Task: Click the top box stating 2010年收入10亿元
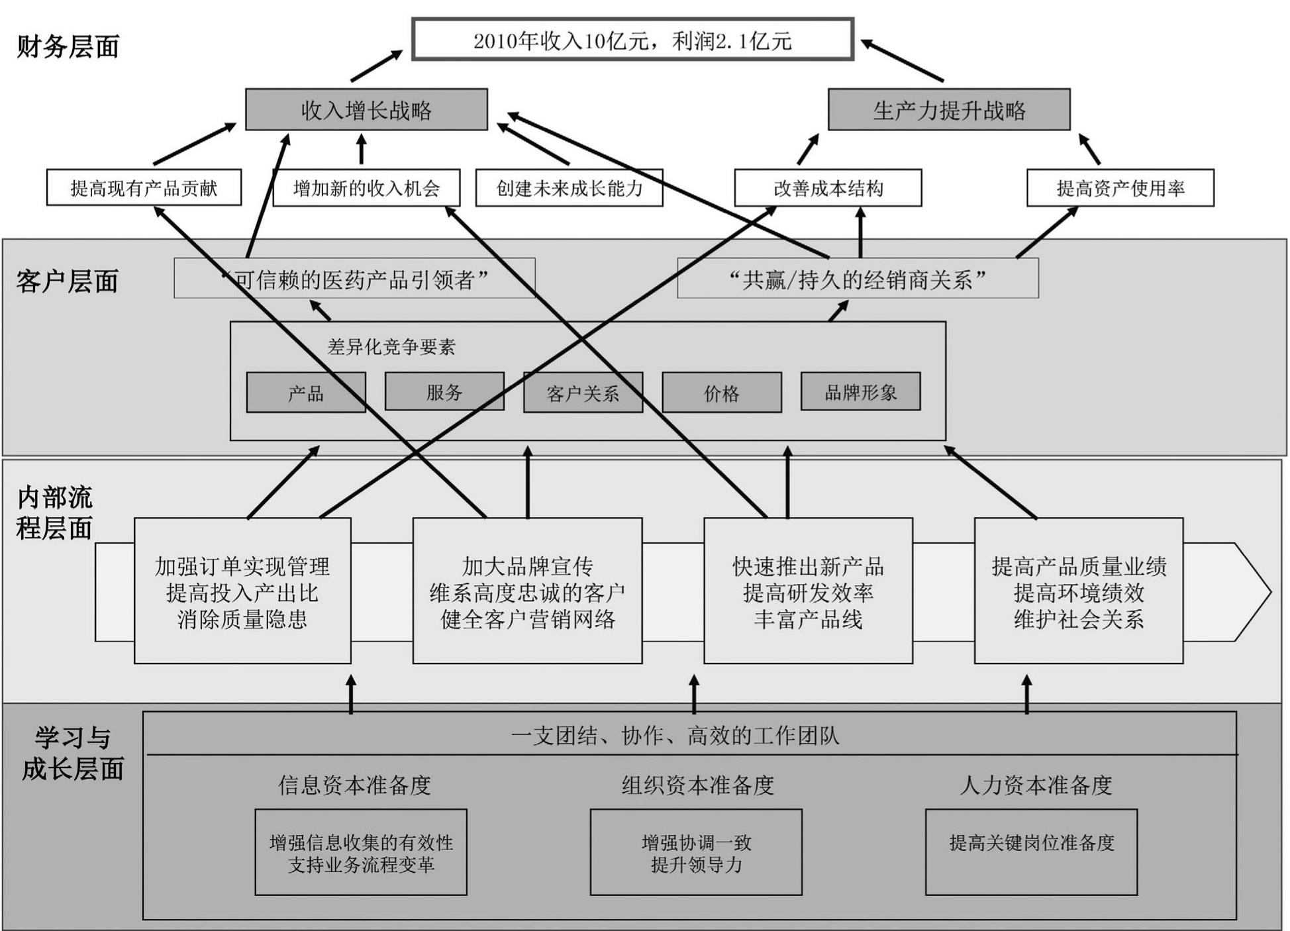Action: pyautogui.click(x=632, y=40)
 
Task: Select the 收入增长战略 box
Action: pyautogui.click(x=366, y=109)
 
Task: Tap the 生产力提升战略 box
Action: pyautogui.click(x=949, y=109)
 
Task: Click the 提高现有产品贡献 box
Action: pyautogui.click(x=144, y=187)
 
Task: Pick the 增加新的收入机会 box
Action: pyautogui.click(x=366, y=187)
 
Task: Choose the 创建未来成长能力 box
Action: pyautogui.click(x=570, y=187)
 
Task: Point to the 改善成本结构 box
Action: pyautogui.click(x=828, y=187)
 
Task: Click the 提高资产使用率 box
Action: pyautogui.click(x=1120, y=187)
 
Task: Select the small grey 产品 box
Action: pyautogui.click(x=306, y=393)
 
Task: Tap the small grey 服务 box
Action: pyautogui.click(x=444, y=391)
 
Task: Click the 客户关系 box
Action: pyautogui.click(x=583, y=393)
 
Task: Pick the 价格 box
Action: pyautogui.click(x=722, y=393)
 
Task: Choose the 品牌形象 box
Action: pyautogui.click(x=860, y=391)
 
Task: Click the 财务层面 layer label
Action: pyautogui.click(x=68, y=46)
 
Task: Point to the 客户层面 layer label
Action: pyautogui.click(x=68, y=281)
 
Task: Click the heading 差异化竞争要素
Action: pyautogui.click(x=391, y=346)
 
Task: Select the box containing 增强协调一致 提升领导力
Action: pyautogui.click(x=696, y=852)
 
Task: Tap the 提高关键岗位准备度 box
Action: pyautogui.click(x=1031, y=852)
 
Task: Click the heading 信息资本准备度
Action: pyautogui.click(x=354, y=785)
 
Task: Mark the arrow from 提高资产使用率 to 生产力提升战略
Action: pyautogui.click(x=1089, y=150)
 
